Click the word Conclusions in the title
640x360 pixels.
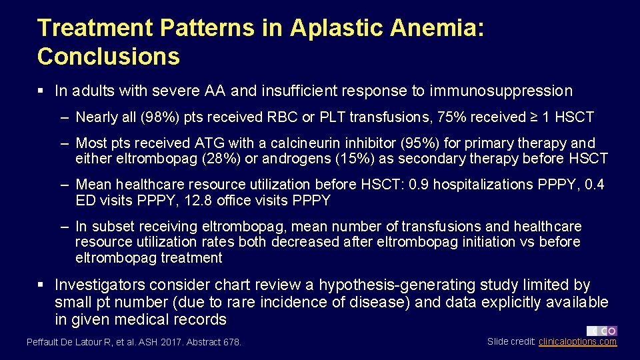(109, 57)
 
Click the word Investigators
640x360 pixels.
(100, 285)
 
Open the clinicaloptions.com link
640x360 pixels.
(577, 341)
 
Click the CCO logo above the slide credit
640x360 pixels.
(601, 331)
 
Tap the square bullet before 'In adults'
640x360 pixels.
(41, 91)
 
